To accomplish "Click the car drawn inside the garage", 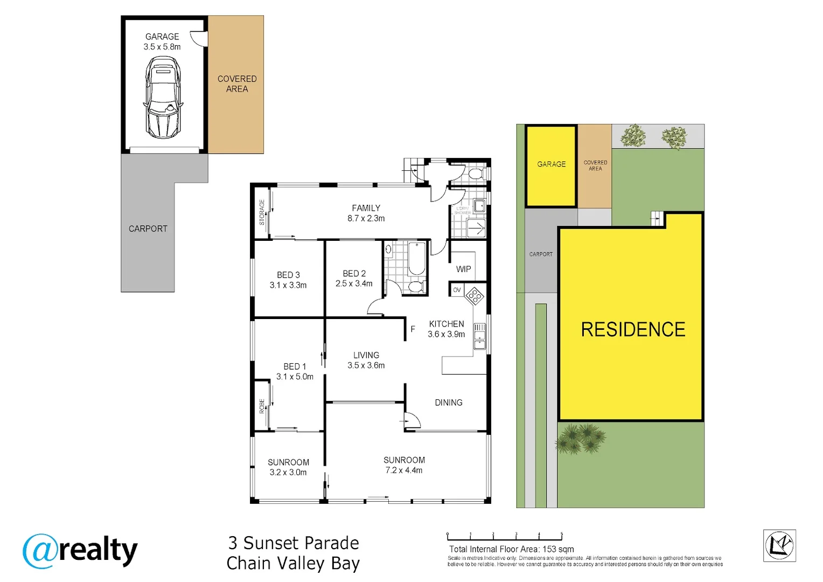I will tap(163, 98).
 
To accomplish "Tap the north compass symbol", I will tap(779, 545).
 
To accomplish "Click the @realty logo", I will tap(80, 551).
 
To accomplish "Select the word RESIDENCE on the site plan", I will tap(633, 329).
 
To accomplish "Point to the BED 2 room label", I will tap(354, 278).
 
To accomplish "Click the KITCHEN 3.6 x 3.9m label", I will tap(446, 329).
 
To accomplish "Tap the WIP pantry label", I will tap(463, 269).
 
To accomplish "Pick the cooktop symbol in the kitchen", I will tap(475, 296).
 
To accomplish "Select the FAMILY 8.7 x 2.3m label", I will tap(366, 213).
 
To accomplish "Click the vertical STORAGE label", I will tap(262, 212).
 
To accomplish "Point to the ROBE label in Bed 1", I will tap(262, 405).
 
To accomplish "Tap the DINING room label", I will tap(448, 403).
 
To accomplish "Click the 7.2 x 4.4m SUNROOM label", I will tap(404, 465).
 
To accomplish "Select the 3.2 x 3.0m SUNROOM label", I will tap(288, 467).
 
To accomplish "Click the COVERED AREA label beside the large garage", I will tap(237, 84).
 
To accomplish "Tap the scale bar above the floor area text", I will tap(504, 537).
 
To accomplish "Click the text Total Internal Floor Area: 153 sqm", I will tap(511, 549).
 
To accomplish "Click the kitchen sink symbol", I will tap(479, 337).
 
